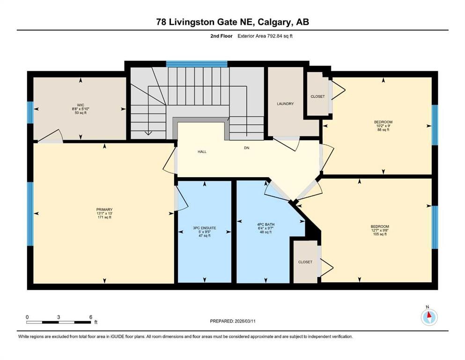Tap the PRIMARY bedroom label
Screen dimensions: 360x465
point(104,210)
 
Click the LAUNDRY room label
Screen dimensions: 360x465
point(285,104)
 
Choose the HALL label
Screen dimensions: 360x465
point(202,151)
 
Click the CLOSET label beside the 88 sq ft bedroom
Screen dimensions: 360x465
point(317,97)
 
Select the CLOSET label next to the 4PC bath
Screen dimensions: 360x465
point(305,262)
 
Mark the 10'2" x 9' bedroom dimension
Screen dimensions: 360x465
point(383,126)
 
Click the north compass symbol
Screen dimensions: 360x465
point(429,317)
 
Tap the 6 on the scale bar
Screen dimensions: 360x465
point(90,316)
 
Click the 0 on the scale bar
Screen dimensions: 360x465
point(27,316)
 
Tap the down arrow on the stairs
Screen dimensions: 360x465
point(149,133)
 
